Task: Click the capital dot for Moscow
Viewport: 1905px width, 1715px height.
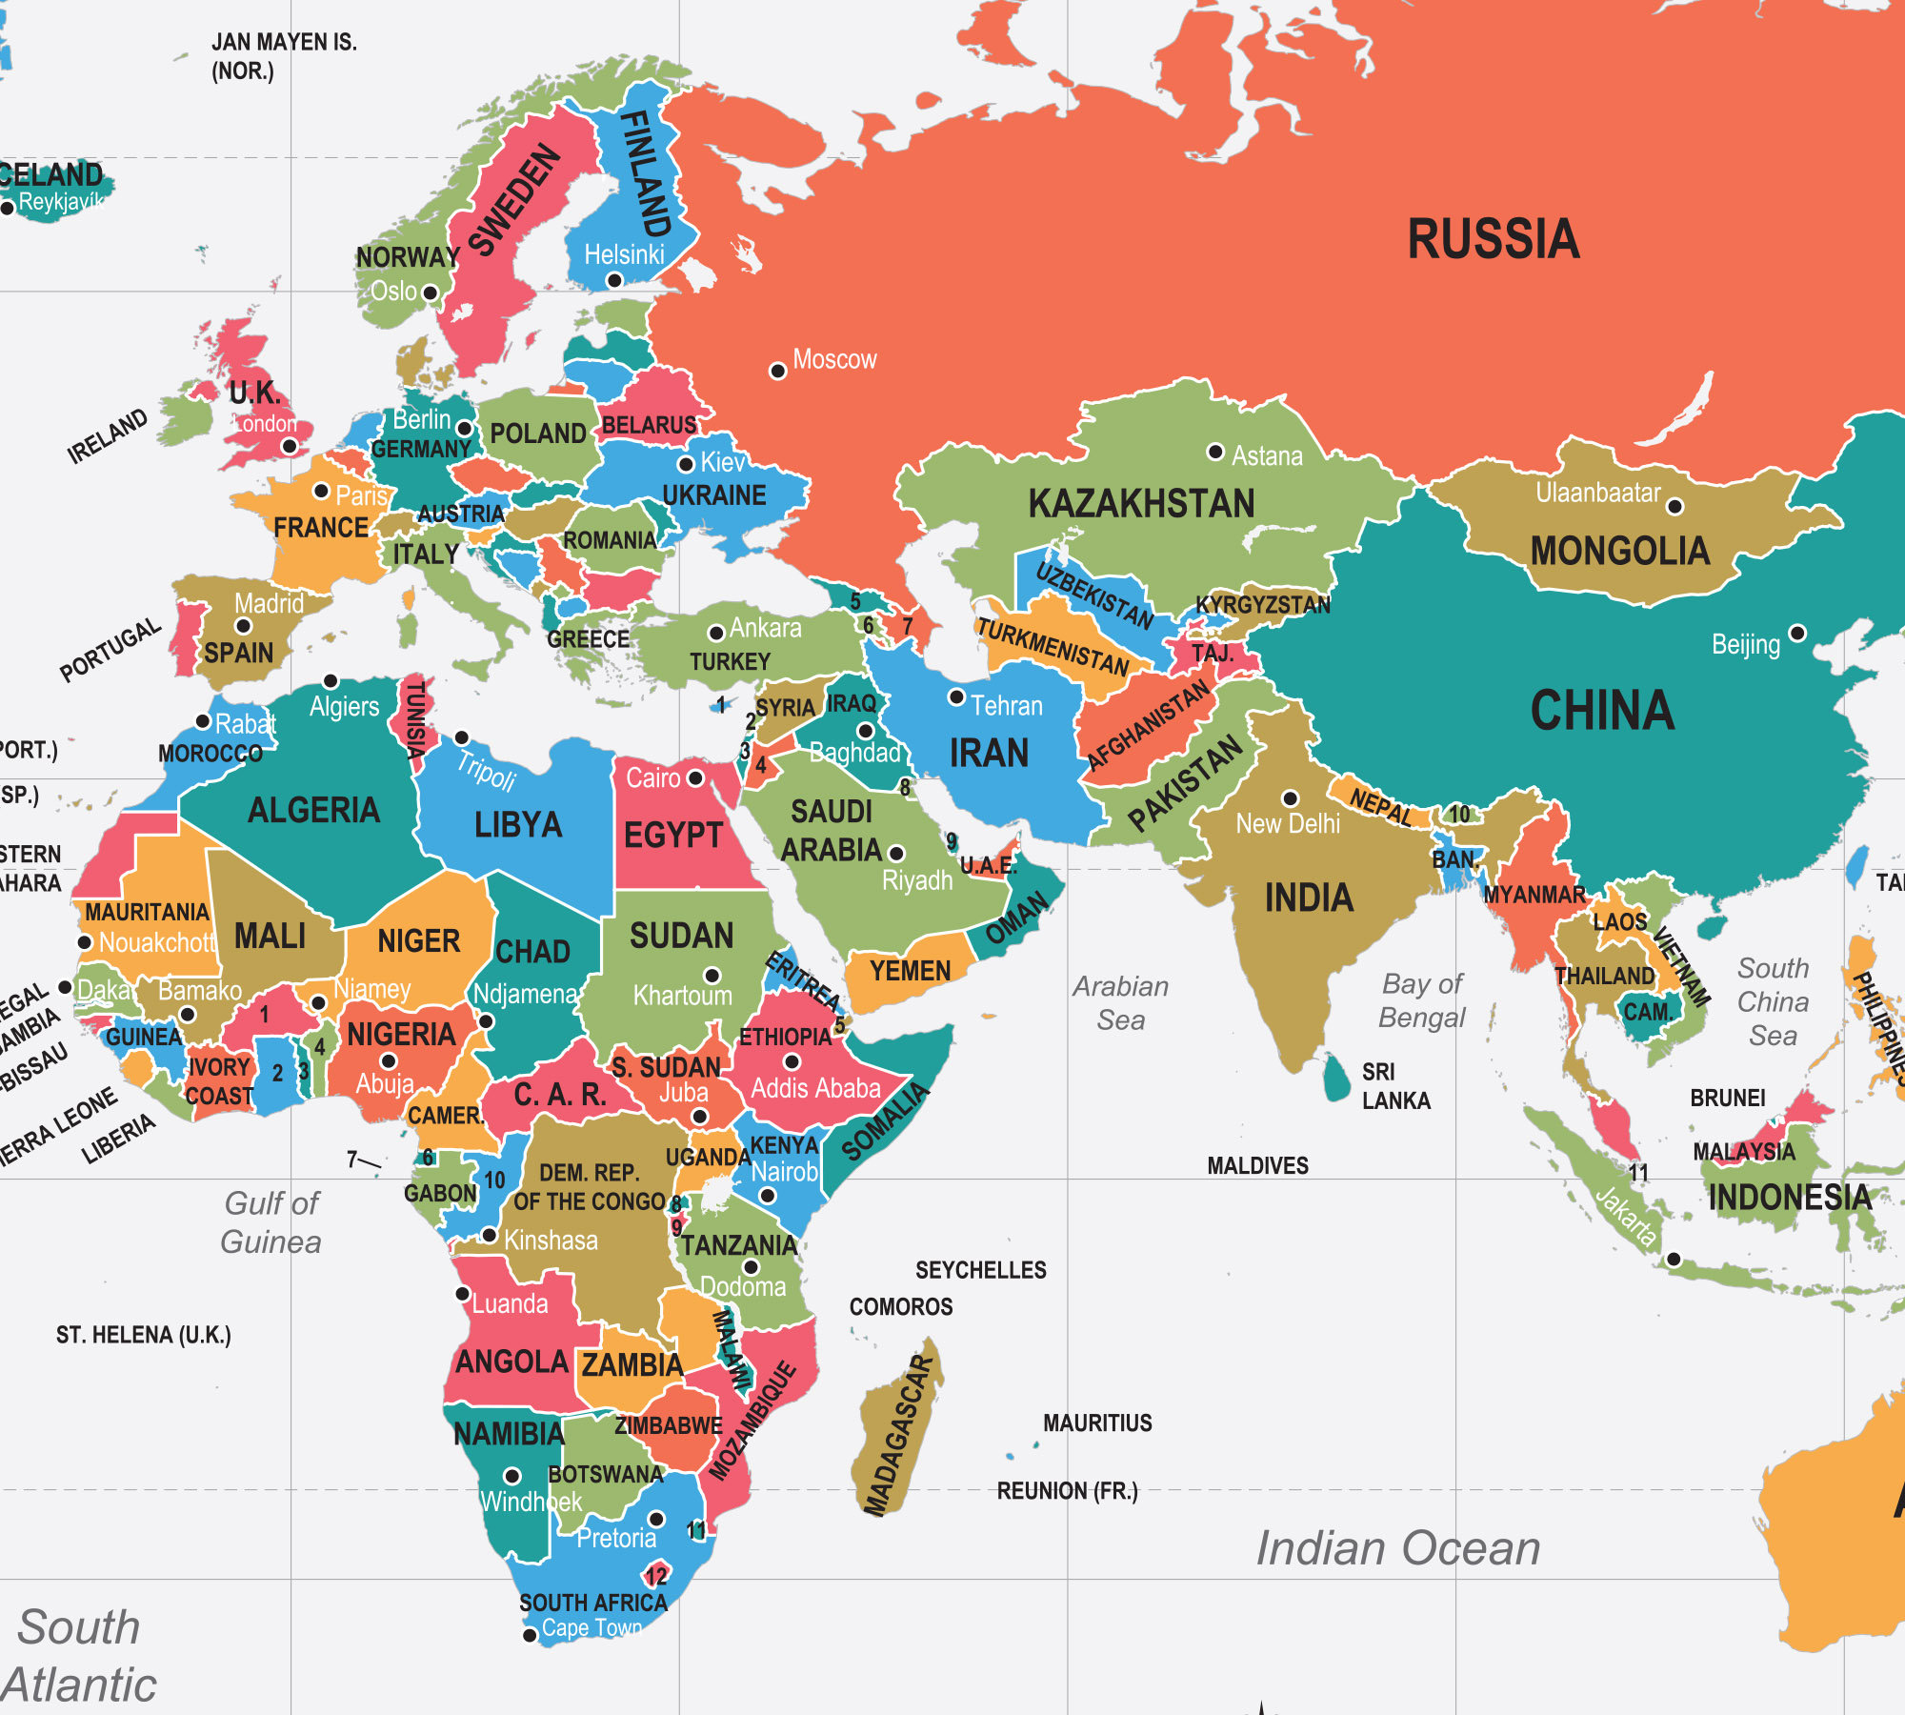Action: click(778, 371)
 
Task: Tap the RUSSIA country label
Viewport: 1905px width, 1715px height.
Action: click(1493, 239)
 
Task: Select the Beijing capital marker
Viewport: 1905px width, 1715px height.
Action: click(1797, 633)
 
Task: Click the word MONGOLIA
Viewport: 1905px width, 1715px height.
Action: click(1619, 552)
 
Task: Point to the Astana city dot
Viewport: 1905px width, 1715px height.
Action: click(1215, 452)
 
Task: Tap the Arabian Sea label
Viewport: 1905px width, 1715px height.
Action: click(1121, 1002)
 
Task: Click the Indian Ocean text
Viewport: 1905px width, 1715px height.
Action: click(1397, 1548)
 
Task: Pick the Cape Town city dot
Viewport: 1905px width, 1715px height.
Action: click(531, 1636)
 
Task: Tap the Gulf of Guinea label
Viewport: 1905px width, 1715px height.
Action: click(271, 1222)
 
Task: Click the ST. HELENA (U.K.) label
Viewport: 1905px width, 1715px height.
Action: click(143, 1335)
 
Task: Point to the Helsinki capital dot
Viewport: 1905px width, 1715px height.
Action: click(614, 280)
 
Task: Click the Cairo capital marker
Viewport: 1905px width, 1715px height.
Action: click(695, 778)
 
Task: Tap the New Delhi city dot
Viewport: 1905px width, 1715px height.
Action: click(1291, 798)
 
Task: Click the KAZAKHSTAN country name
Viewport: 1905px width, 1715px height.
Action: click(1141, 504)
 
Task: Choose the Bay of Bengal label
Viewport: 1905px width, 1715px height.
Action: click(1422, 1000)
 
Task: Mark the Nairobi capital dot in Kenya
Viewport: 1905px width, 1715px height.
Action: click(768, 1195)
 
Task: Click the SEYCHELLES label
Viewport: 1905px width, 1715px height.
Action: click(980, 1270)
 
